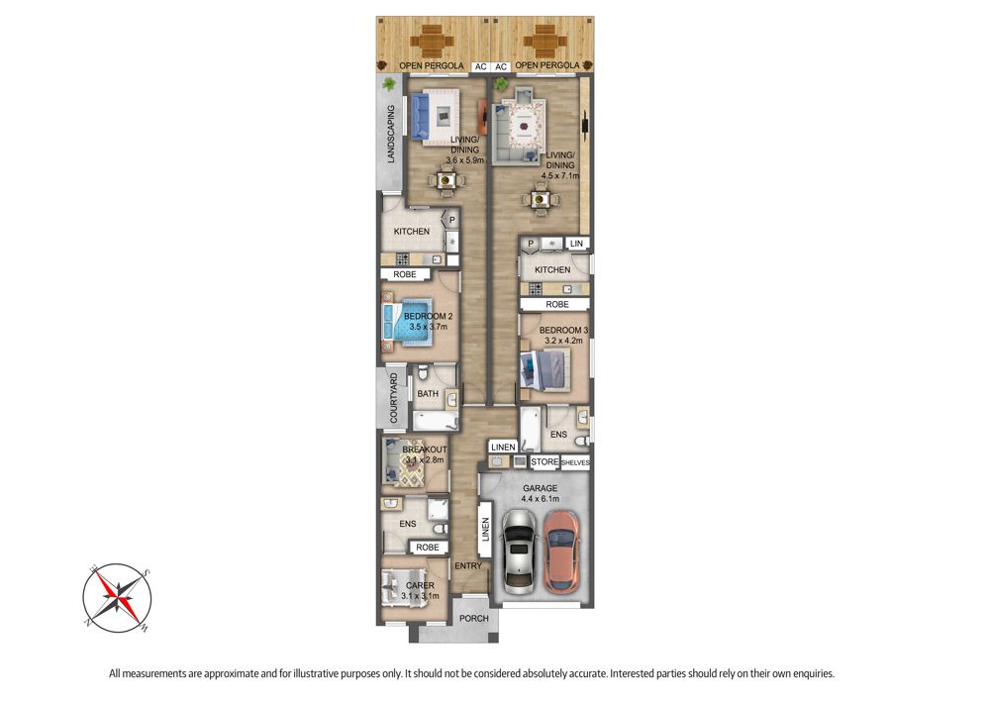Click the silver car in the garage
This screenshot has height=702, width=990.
pos(519,552)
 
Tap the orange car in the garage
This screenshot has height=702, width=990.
pos(560,552)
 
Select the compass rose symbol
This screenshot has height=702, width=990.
pos(117,598)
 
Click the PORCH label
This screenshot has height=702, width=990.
pos(473,618)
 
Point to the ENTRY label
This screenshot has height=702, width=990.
pos(468,566)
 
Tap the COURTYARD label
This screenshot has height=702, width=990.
pos(393,398)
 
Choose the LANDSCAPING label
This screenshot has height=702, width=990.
pos(391,134)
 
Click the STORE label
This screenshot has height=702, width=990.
pos(544,462)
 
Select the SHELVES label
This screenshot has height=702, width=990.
pos(575,462)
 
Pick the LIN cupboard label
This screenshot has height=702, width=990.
pos(576,244)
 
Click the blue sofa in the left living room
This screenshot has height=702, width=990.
pos(420,116)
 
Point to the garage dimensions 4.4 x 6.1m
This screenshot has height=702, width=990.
pos(540,499)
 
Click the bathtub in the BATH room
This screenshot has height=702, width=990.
pos(435,420)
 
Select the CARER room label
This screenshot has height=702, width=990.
pos(420,586)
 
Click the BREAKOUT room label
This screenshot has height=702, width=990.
pos(425,450)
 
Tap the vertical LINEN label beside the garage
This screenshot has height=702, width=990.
pos(485,530)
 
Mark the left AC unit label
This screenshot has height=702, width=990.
pos(480,67)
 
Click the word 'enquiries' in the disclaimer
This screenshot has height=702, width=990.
pos(813,674)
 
